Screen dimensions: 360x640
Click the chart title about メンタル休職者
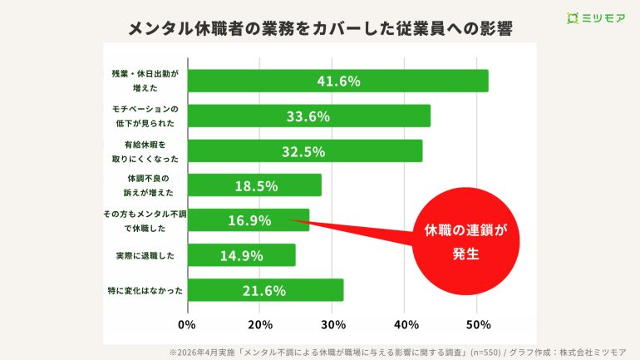tap(320, 28)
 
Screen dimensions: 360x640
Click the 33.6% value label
tap(308, 116)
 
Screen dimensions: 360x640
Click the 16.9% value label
tap(249, 220)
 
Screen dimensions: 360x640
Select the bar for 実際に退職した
tap(241, 255)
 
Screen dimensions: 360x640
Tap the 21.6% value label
tap(264, 290)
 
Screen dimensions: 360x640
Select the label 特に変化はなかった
tap(145, 290)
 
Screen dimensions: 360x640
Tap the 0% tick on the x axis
tap(187, 324)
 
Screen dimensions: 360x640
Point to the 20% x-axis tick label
tap(260, 324)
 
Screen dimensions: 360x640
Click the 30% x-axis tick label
tap(332, 324)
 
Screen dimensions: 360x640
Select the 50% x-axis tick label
tap(478, 324)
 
